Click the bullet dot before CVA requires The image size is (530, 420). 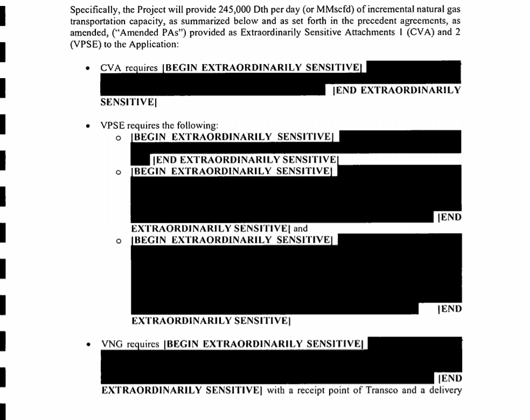tap(87, 69)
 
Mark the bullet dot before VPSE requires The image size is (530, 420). tap(87, 125)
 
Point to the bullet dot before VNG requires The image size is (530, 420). tap(87, 344)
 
